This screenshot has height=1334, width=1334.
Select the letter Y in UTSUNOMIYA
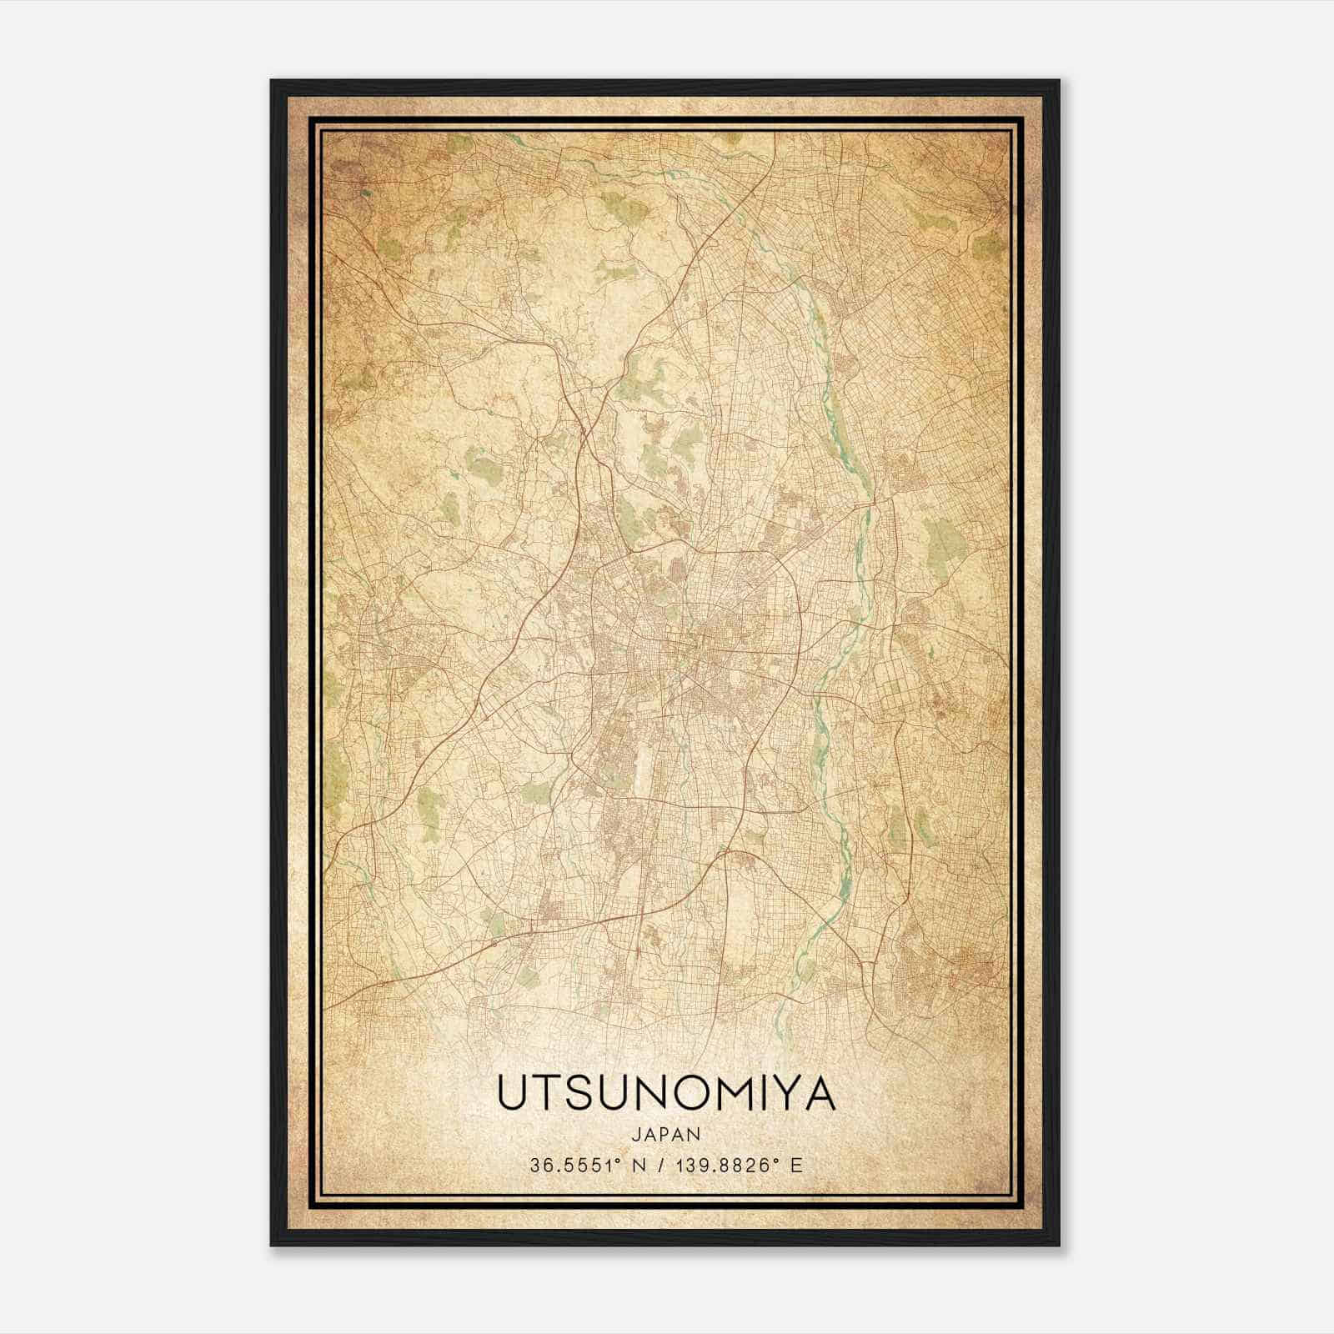click(788, 1093)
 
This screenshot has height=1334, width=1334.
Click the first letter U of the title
click(513, 1093)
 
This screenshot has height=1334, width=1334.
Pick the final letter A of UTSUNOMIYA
click(822, 1093)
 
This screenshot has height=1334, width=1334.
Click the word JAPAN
click(667, 1134)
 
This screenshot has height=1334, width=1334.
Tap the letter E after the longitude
click(797, 1166)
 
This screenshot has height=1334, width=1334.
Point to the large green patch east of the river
click(942, 542)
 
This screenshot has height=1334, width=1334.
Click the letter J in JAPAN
click(637, 1134)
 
